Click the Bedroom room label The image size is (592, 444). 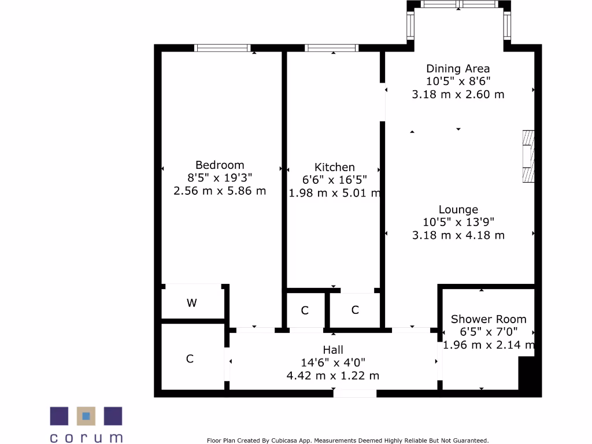pyautogui.click(x=220, y=165)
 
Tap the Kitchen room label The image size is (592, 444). pyautogui.click(x=335, y=167)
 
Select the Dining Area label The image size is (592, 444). pyautogui.click(x=458, y=69)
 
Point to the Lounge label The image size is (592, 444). pyautogui.click(x=458, y=210)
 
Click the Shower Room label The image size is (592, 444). pyautogui.click(x=489, y=319)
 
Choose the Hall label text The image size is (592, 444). pyautogui.click(x=333, y=350)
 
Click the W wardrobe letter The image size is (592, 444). pyautogui.click(x=191, y=303)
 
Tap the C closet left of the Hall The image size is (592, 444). pyautogui.click(x=190, y=359)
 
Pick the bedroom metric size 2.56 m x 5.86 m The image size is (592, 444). pyautogui.click(x=220, y=190)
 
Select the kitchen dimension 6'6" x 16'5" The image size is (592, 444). pyautogui.click(x=335, y=180)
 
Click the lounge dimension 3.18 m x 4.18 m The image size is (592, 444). pyautogui.click(x=458, y=235)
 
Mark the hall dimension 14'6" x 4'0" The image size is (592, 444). pyautogui.click(x=333, y=362)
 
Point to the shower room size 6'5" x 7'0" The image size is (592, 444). pyautogui.click(x=489, y=332)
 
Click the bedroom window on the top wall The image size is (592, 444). pyautogui.click(x=223, y=48)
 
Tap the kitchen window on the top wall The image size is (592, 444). pyautogui.click(x=331, y=48)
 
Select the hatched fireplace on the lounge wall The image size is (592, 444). pyautogui.click(x=528, y=157)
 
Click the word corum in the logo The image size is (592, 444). pyautogui.click(x=86, y=437)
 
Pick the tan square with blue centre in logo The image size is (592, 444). pyautogui.click(x=86, y=416)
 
